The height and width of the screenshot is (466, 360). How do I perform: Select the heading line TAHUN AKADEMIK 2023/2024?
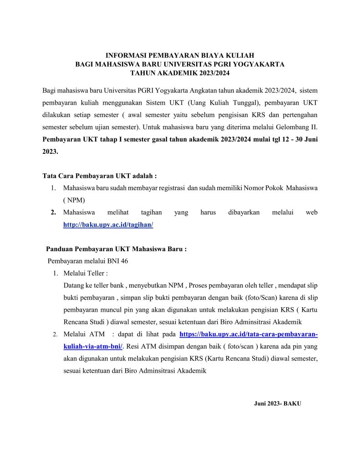pyautogui.click(x=180, y=73)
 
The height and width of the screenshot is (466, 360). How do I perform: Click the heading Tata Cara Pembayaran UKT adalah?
pyautogui.click(x=99, y=176)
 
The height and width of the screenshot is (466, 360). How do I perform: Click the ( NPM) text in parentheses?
pyautogui.click(x=74, y=200)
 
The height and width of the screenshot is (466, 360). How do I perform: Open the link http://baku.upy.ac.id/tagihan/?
pyautogui.click(x=108, y=224)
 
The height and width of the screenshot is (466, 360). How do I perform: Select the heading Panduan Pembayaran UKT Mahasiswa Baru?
pyautogui.click(x=116, y=249)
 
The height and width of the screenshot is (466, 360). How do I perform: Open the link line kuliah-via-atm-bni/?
pyautogui.click(x=93, y=346)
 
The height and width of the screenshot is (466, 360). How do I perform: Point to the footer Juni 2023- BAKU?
pyautogui.click(x=277, y=404)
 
